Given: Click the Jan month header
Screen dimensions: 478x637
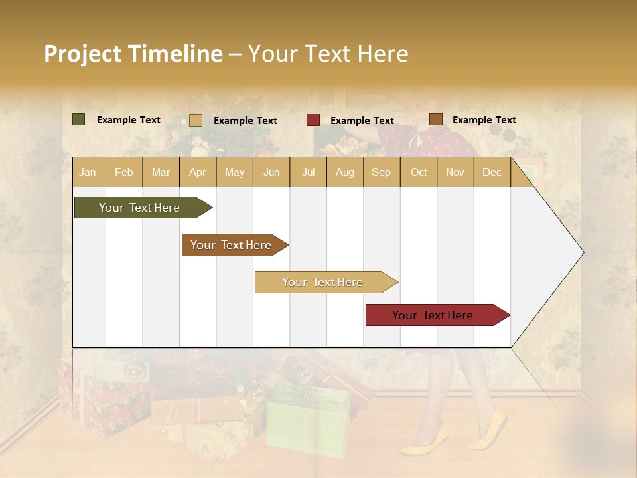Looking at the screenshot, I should coord(88,173).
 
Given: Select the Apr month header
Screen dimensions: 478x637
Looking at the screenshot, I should coord(197,173).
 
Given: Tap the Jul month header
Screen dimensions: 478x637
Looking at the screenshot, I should coord(308,173).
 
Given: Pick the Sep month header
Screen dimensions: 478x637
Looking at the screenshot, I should coord(381,173).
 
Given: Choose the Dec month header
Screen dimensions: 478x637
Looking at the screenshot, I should coord(492,173).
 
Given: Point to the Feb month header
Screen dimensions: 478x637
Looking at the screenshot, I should coord(124,173).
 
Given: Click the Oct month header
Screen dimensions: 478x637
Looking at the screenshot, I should coord(419,173).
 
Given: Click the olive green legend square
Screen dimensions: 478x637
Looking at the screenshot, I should coord(79,119).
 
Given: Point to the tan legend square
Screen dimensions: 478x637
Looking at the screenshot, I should coord(196,120).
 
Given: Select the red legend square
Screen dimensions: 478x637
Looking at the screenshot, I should coord(313,120).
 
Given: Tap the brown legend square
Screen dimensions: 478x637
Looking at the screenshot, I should coord(436,119).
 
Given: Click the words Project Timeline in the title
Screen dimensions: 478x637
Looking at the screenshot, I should coord(133,54).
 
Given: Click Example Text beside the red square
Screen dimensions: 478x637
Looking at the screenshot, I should coord(362,121).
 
